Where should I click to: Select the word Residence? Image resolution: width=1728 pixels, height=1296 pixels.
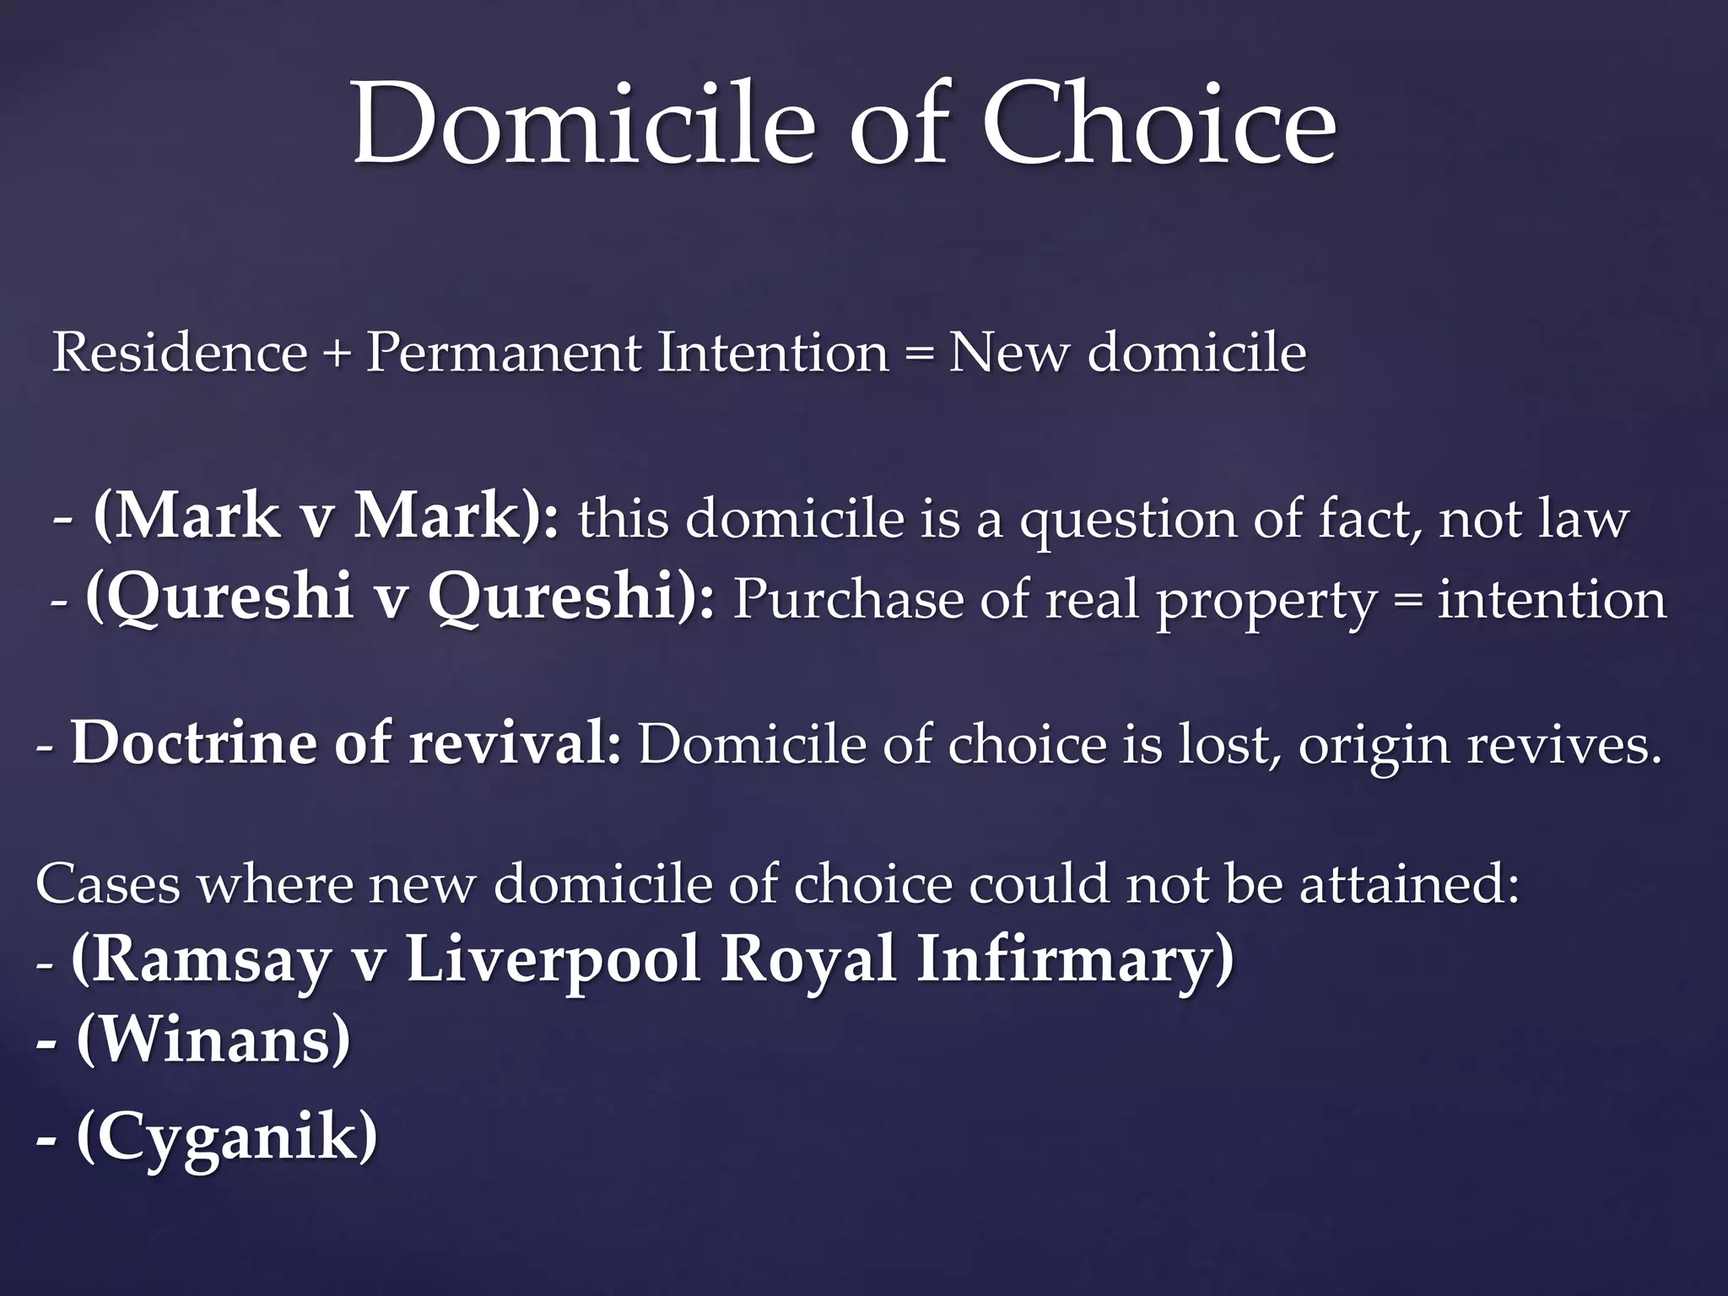tap(180, 352)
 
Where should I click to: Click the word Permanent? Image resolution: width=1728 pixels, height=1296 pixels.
tap(503, 352)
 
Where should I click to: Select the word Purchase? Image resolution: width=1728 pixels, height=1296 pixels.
tap(847, 600)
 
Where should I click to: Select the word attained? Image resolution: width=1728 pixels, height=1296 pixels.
tap(1409, 884)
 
